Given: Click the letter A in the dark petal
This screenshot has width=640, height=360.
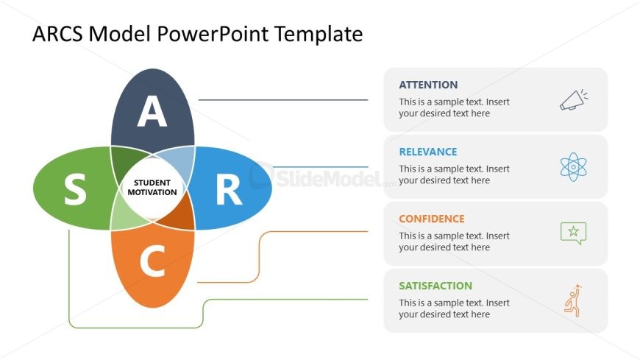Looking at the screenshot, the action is (x=152, y=110).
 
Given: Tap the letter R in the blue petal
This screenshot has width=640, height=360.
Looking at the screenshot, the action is (x=229, y=190).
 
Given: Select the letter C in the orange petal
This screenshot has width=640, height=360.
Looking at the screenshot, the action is (x=153, y=261).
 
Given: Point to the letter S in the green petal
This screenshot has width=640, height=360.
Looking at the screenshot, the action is (x=76, y=188).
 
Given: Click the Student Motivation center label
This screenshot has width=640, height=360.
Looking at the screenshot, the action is (x=152, y=188).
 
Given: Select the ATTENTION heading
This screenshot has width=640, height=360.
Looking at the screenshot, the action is (x=428, y=85).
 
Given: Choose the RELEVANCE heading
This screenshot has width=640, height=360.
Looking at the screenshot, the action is (x=427, y=152).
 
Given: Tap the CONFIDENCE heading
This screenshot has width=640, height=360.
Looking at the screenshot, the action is (x=431, y=219).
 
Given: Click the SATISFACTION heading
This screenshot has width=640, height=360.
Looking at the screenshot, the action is (x=435, y=286).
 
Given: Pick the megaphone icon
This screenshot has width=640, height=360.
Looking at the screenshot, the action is (x=574, y=100).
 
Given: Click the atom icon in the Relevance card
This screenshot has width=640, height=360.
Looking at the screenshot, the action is (x=574, y=166).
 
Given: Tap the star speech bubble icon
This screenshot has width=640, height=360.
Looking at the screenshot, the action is (x=574, y=233).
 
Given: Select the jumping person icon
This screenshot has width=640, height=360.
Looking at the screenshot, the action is (x=573, y=301).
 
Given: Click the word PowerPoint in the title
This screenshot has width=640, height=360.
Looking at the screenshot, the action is (x=213, y=34).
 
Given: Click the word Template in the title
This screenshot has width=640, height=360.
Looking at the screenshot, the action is (x=319, y=34).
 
